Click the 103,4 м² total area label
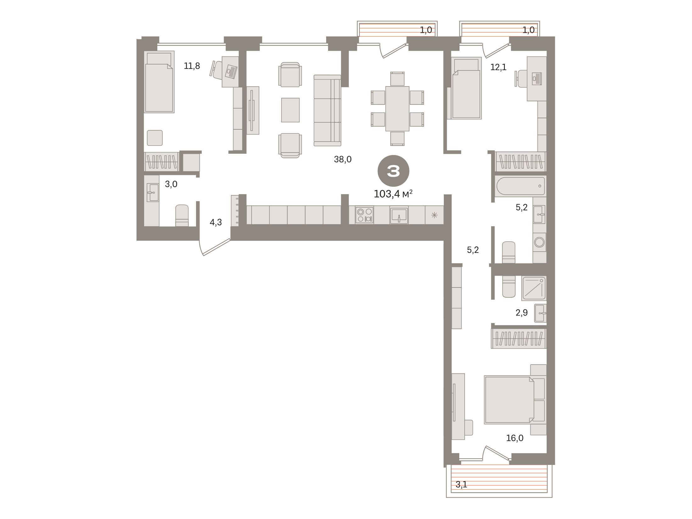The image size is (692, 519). [x=393, y=194]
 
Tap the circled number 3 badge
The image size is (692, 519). [x=393, y=171]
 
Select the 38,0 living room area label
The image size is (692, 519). [x=343, y=159]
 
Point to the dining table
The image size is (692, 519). [x=397, y=109]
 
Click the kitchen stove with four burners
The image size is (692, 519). [x=365, y=215]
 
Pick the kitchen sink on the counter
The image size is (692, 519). [x=399, y=215]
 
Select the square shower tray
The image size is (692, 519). [x=534, y=288]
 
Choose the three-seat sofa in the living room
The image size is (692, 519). [x=327, y=110]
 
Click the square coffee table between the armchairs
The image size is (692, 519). [x=290, y=110]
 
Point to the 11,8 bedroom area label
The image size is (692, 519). [x=192, y=66]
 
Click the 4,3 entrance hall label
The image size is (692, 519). [x=216, y=222]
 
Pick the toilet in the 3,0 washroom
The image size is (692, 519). [x=182, y=215]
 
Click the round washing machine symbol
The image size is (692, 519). [x=539, y=242]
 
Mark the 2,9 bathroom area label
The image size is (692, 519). [x=522, y=313]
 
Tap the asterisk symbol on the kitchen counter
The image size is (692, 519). [x=434, y=215]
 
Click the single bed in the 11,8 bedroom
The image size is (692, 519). [x=159, y=82]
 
